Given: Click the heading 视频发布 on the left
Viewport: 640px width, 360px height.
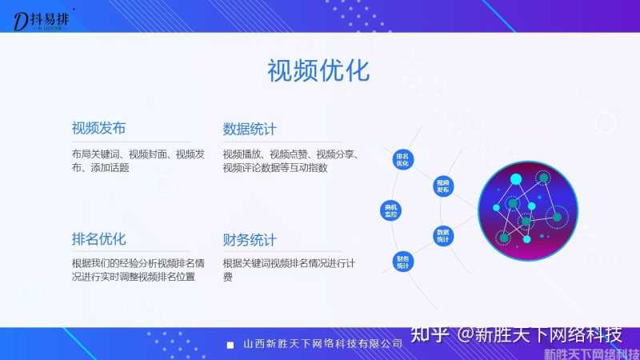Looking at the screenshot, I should [98, 129].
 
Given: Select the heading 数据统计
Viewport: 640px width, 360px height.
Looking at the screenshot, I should [250, 129].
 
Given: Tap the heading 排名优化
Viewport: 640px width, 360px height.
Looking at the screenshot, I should [98, 239].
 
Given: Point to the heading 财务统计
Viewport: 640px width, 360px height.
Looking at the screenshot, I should [250, 239].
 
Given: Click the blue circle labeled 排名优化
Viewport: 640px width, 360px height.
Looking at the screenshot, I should [402, 158].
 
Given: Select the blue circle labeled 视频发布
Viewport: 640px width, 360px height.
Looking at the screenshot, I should [444, 186].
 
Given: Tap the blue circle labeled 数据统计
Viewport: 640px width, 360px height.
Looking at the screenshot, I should [444, 235].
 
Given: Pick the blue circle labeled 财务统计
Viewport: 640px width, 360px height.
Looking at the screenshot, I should [402, 261].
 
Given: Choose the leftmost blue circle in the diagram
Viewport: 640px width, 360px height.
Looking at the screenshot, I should [391, 210].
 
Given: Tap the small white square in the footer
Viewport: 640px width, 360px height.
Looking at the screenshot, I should [230, 345].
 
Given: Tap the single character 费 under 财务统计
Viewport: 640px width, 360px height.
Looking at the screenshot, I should [228, 277].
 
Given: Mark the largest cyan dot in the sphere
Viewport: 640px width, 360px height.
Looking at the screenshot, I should [516, 178].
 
